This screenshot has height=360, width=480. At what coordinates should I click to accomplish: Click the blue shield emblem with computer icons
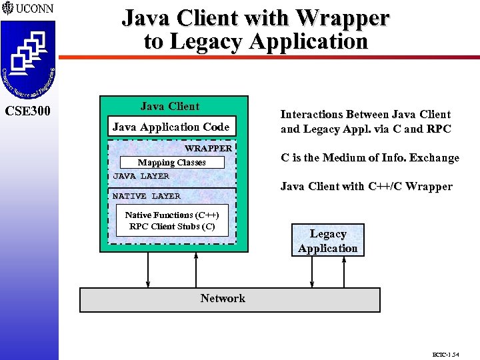(x=27, y=60)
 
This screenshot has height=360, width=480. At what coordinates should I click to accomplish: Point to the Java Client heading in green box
(x=170, y=106)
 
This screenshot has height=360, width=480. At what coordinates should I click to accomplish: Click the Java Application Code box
(x=171, y=127)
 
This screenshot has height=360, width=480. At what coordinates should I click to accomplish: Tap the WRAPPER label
(x=208, y=148)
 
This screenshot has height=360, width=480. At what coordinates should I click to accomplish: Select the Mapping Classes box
(x=171, y=163)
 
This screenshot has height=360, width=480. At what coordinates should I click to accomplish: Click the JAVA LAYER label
(x=141, y=176)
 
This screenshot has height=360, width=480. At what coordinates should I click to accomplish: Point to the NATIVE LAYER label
(x=146, y=196)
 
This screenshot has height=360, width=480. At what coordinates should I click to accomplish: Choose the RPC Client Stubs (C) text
(x=172, y=227)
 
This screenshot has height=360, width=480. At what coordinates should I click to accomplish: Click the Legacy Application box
(x=328, y=241)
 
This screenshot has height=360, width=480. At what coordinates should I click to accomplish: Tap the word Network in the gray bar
(x=223, y=299)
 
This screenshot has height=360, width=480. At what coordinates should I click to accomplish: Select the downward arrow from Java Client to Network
(x=148, y=270)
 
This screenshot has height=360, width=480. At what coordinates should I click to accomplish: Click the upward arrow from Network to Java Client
(x=196, y=270)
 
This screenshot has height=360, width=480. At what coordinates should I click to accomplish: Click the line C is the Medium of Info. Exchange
(x=370, y=158)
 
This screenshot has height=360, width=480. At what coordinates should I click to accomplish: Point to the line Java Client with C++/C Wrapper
(x=366, y=187)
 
